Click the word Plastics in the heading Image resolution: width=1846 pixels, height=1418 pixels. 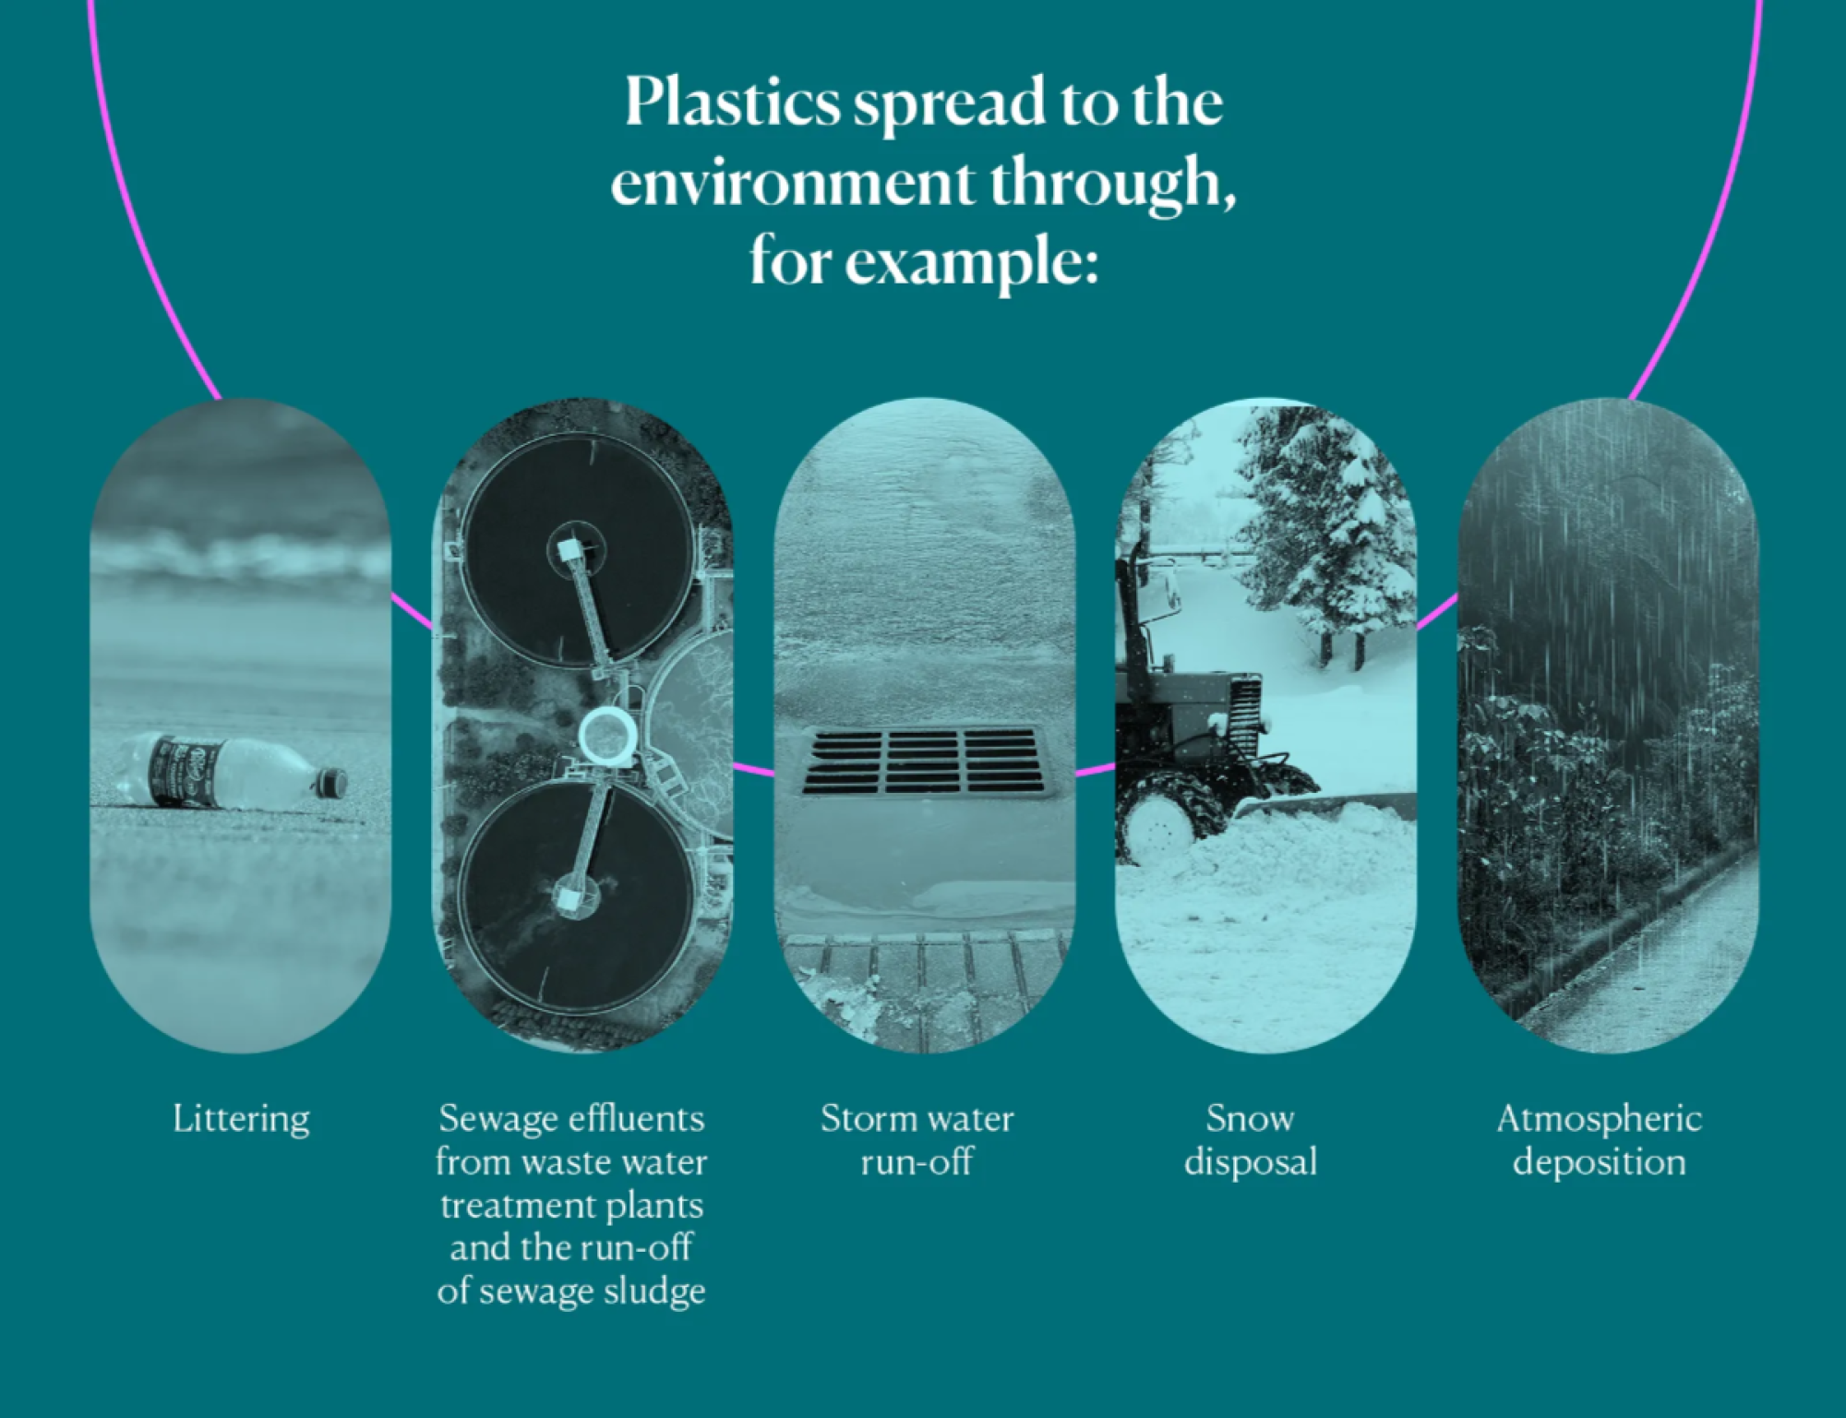pyautogui.click(x=732, y=103)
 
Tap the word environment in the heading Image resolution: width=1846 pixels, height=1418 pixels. pyautogui.click(x=791, y=183)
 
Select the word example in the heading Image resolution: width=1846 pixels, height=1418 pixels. pyautogui.click(x=972, y=265)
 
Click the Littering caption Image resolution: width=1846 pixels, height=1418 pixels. pyautogui.click(x=241, y=1120)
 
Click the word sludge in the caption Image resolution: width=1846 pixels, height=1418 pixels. pyautogui.click(x=654, y=1292)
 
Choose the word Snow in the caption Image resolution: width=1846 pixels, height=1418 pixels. pyautogui.click(x=1250, y=1119)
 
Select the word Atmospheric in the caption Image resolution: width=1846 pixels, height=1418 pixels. pyautogui.click(x=1599, y=1120)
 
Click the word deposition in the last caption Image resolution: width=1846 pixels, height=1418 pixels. pyautogui.click(x=1599, y=1162)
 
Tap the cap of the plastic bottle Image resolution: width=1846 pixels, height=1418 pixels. pyautogui.click(x=330, y=783)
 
